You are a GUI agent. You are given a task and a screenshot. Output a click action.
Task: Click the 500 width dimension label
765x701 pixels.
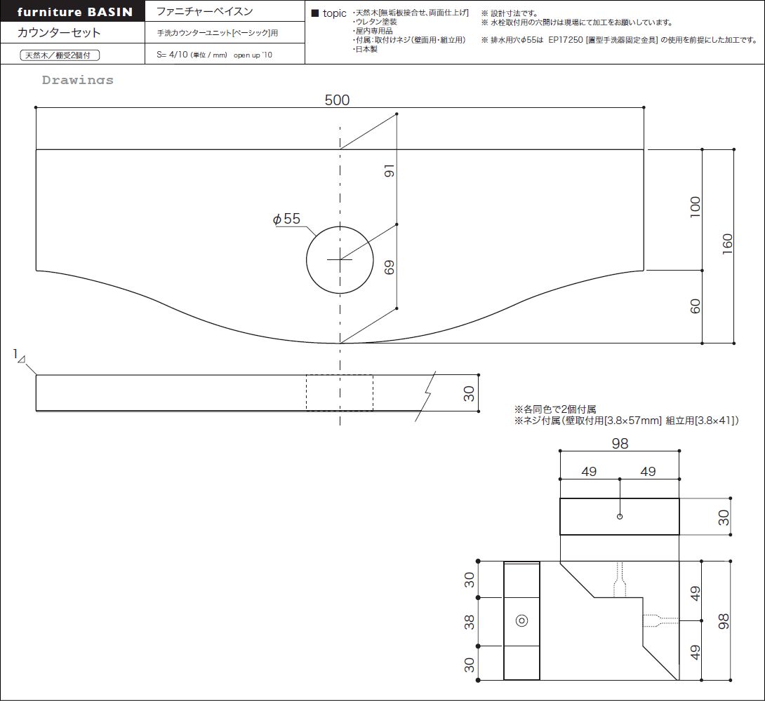[337, 100]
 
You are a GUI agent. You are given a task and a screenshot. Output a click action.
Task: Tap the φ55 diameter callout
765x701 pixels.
[286, 219]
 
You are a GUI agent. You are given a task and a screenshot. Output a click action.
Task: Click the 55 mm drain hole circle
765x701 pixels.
[307, 259]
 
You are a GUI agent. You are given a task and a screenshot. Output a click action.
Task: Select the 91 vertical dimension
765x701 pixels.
[390, 170]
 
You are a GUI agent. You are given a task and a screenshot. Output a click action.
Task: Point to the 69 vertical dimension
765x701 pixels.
[390, 267]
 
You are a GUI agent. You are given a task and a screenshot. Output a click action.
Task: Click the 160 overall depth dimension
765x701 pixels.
[727, 243]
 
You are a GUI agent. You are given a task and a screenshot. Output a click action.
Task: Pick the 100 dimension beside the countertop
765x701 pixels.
[696, 207]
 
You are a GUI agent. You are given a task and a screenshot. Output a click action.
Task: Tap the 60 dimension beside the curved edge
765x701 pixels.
[696, 306]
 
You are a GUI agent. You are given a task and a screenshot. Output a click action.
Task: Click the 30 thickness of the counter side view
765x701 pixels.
[469, 393]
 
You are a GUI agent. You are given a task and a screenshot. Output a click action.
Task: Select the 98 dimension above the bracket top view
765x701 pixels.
[620, 443]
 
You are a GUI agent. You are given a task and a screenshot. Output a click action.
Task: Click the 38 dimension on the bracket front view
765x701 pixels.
[469, 622]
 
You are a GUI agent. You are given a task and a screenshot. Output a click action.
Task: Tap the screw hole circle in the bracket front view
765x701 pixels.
[521, 620]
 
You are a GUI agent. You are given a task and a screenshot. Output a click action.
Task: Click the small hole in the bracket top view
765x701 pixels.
[620, 517]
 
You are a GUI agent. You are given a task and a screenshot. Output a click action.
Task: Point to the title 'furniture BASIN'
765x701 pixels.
[74, 12]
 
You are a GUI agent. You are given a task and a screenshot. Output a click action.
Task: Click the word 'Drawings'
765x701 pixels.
[78, 80]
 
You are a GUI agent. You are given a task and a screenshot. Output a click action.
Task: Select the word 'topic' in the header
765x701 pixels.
[334, 13]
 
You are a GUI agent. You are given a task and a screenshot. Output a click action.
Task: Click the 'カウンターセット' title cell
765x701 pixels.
[59, 33]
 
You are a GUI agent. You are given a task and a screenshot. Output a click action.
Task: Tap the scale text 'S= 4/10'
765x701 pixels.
[172, 55]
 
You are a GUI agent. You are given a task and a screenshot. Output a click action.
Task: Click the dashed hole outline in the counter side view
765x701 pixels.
[307, 393]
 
